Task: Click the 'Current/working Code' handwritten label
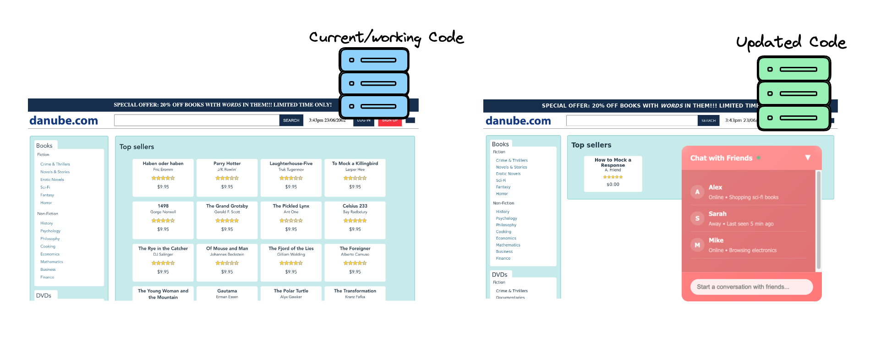386,38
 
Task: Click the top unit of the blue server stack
374,60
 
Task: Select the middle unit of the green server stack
793,93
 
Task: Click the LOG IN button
364,121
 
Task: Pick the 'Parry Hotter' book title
227,164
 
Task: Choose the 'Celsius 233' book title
355,206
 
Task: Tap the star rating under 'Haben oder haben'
163,178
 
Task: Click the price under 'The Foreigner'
355,272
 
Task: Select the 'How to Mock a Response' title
613,163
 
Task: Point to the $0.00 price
613,185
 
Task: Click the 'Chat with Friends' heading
721,158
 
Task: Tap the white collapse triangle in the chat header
808,158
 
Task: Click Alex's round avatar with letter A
697,192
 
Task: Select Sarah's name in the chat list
717,214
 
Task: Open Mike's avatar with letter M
697,245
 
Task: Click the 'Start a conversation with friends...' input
751,287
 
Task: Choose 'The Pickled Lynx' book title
291,206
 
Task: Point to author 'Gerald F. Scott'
227,212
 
